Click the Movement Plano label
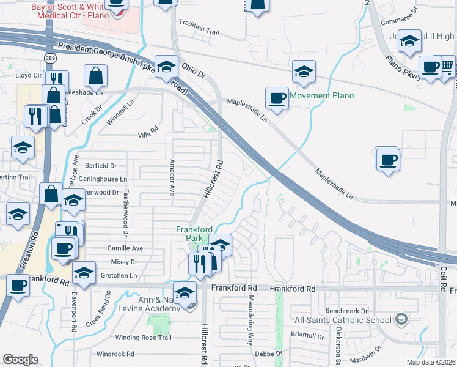pos(321,95)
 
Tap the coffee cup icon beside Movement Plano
pos(277,98)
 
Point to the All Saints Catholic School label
pos(342,320)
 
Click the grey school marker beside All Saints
pos(401,319)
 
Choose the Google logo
pos(20,360)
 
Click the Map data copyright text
pos(431,362)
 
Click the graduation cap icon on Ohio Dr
pos(166,67)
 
